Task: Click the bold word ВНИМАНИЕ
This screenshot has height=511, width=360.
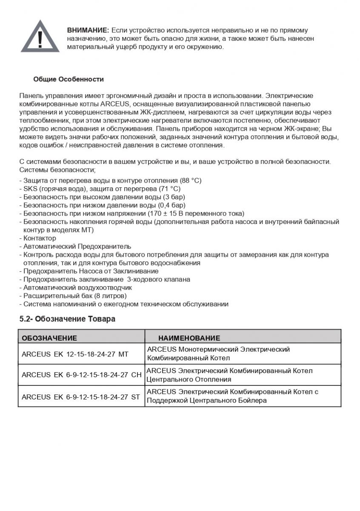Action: coord(88,30)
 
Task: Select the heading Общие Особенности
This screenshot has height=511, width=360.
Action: coord(69,79)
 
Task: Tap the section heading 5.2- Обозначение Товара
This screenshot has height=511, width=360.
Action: coord(67,319)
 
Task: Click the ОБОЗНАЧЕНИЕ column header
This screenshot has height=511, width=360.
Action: coord(49,338)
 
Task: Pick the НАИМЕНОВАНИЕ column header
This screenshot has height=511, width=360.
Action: coord(189,338)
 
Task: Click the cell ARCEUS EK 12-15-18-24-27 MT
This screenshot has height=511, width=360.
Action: coord(75,354)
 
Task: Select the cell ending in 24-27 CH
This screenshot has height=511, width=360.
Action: coord(81,375)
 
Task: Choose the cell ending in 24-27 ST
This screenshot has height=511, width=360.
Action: coord(80,396)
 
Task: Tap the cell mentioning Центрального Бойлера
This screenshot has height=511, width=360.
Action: coord(232,396)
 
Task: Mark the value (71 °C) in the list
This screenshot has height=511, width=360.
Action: coord(169,189)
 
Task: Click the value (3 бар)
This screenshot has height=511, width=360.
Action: coord(174,197)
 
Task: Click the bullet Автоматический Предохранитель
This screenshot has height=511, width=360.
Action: coord(77,246)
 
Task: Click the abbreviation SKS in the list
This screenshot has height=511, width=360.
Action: coord(30,189)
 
